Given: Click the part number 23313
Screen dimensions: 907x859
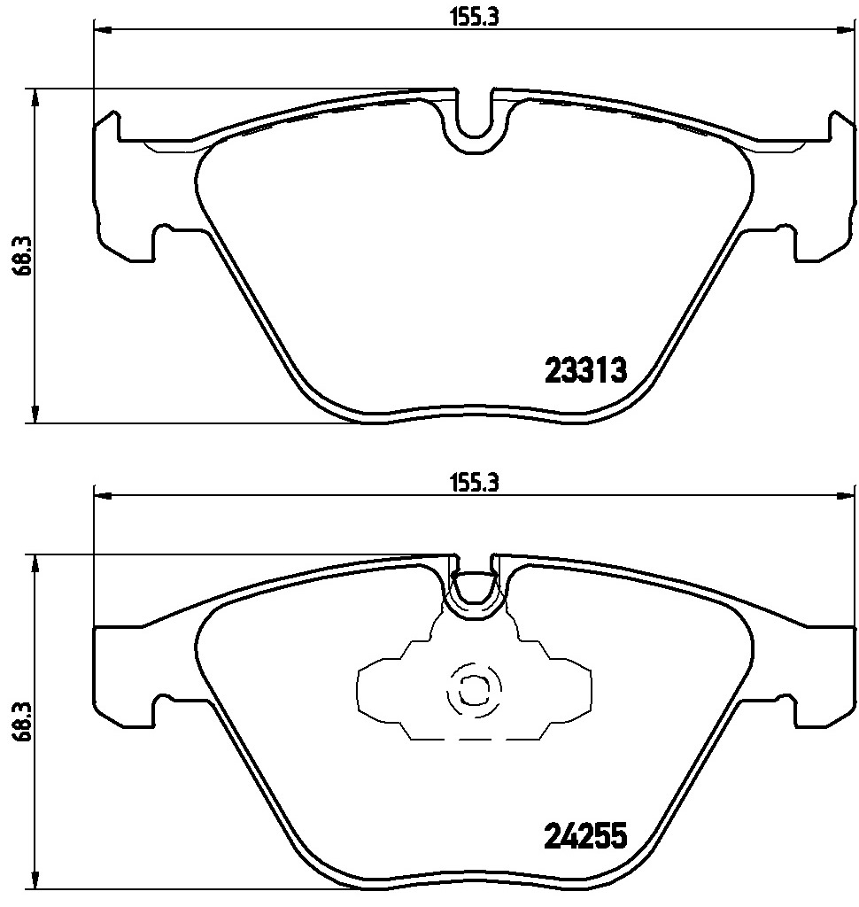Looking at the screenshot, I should click(x=585, y=369).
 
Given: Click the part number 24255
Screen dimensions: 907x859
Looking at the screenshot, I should click(x=585, y=835).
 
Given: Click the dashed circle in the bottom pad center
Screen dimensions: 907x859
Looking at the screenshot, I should click(x=474, y=688).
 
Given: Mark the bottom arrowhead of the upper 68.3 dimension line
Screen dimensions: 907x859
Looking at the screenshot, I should click(x=35, y=415).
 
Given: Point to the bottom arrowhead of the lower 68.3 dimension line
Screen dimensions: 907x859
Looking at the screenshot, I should click(x=35, y=881).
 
